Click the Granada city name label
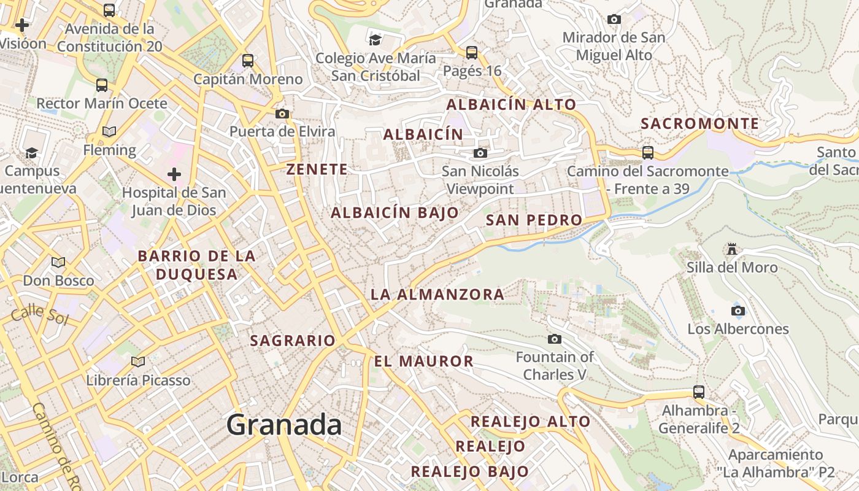click(x=284, y=425)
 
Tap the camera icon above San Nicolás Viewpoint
click(x=480, y=153)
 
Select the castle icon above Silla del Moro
click(x=731, y=249)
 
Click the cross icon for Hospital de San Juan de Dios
click(x=174, y=174)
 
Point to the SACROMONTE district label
click(x=700, y=124)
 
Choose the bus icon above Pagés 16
click(x=471, y=53)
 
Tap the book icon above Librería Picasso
click(x=138, y=361)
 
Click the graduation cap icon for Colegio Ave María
click(x=375, y=40)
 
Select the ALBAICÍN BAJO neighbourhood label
click(x=395, y=213)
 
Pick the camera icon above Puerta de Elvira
click(x=282, y=114)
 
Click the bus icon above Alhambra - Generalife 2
click(x=698, y=392)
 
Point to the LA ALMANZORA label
click(x=437, y=295)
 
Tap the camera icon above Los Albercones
click(x=738, y=311)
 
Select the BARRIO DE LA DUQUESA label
click(x=196, y=265)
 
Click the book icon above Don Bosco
click(x=58, y=263)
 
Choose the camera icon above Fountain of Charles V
click(x=554, y=339)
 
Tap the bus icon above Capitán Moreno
click(x=248, y=61)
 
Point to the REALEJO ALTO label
click(x=530, y=422)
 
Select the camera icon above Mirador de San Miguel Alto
click(x=614, y=20)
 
